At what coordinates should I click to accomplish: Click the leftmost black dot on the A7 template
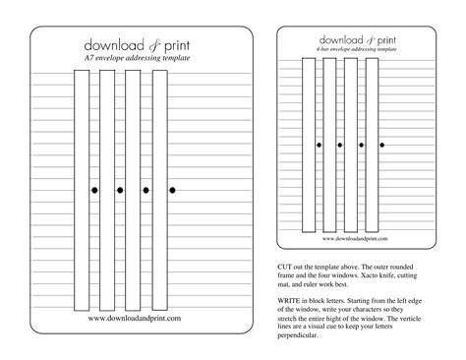pos(94,188)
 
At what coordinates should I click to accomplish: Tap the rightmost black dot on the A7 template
pos(171,188)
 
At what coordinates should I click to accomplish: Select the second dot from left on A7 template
pos(120,188)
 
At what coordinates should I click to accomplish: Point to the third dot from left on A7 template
pos(146,188)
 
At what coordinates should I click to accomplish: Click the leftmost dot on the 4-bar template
pos(319,146)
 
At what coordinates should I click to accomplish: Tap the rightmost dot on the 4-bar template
pos(381,146)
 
